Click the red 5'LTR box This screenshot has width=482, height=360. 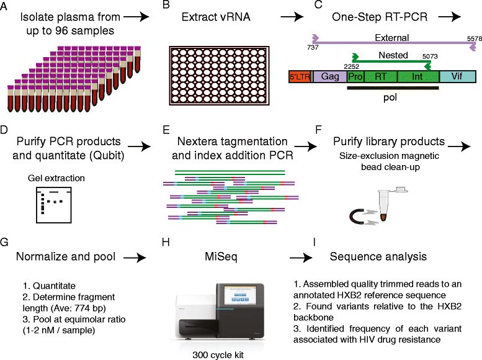pyautogui.click(x=301, y=78)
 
